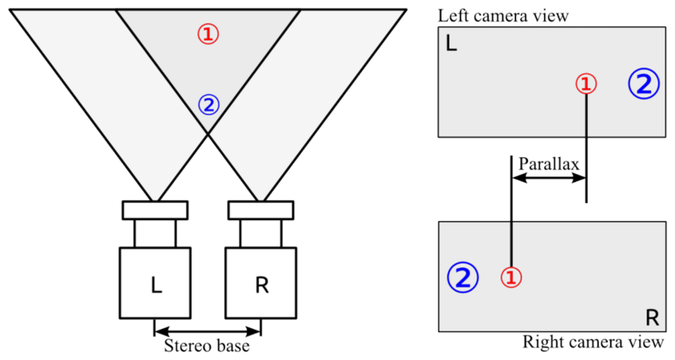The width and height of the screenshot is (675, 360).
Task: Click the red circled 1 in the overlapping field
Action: tap(208, 33)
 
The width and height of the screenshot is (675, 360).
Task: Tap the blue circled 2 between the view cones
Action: tap(208, 104)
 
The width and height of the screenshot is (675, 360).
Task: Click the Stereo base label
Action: tap(207, 346)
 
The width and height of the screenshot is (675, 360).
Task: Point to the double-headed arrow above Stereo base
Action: tap(207, 328)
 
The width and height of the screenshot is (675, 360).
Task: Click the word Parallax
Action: tap(548, 163)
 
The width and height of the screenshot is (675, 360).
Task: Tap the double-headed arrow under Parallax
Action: tap(549, 179)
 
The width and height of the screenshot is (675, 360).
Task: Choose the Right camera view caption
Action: tap(592, 343)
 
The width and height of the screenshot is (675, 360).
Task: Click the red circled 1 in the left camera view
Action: tap(585, 83)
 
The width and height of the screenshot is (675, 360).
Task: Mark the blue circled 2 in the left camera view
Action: tap(642, 83)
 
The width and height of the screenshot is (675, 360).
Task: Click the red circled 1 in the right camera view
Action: tap(511, 277)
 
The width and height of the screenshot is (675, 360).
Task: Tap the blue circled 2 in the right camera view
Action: tap(463, 277)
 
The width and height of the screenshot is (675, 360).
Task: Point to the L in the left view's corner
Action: tap(450, 45)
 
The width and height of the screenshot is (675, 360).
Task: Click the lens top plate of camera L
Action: tap(155, 210)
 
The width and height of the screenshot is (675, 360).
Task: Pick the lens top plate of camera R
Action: tap(261, 210)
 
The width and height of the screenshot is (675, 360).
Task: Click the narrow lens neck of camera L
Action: tap(155, 234)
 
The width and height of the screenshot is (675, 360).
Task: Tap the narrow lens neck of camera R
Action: tap(261, 234)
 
